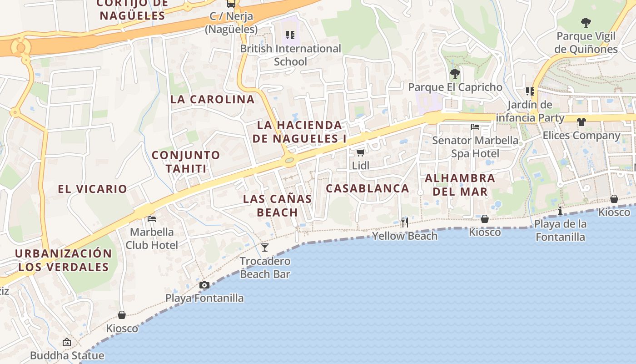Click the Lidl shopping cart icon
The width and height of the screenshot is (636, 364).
pyautogui.click(x=360, y=152)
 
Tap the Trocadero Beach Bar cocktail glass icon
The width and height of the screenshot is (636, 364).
pyautogui.click(x=265, y=248)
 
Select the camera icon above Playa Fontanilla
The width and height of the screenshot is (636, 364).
pyautogui.click(x=204, y=285)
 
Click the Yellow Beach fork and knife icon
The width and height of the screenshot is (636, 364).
pyautogui.click(x=404, y=222)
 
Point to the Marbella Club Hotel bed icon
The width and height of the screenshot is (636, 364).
pyautogui.click(x=152, y=219)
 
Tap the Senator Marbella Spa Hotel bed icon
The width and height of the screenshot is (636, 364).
pyautogui.click(x=475, y=127)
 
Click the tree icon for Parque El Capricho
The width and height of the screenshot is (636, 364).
pyautogui.click(x=455, y=74)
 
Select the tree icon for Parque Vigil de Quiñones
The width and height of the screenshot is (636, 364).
pyautogui.click(x=586, y=22)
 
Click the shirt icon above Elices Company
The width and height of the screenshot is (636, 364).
pyautogui.click(x=581, y=122)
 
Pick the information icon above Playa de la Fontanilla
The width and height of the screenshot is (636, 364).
pyautogui.click(x=560, y=211)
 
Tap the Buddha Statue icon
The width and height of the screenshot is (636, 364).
pyautogui.click(x=67, y=342)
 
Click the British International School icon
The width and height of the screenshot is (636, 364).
pyautogui.click(x=290, y=35)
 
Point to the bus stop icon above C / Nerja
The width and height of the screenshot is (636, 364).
pyautogui.click(x=231, y=4)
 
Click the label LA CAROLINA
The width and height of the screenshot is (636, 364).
pyautogui.click(x=212, y=99)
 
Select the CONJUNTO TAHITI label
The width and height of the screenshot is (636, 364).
pyautogui.click(x=186, y=162)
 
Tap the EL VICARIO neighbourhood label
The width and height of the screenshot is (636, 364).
pyautogui.click(x=92, y=189)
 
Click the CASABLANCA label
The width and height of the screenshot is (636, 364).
pyautogui.click(x=368, y=188)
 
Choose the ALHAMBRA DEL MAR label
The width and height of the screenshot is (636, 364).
pyautogui.click(x=460, y=185)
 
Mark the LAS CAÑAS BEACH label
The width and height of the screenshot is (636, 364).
pyautogui.click(x=277, y=205)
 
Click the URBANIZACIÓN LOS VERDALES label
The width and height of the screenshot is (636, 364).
pyautogui.click(x=63, y=260)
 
